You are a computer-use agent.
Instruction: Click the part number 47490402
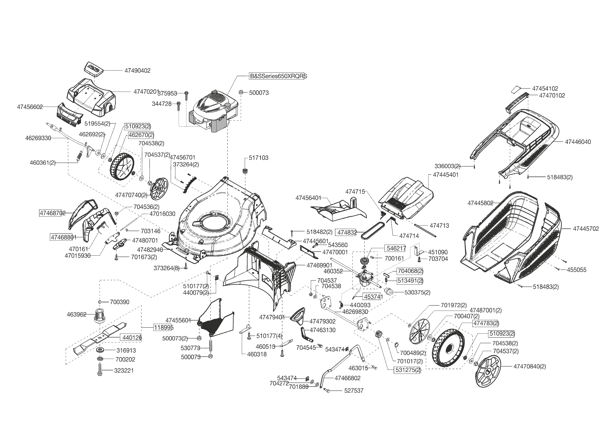coord(137,71)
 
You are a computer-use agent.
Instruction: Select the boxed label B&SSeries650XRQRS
coord(278,76)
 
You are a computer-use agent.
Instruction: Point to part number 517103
coord(258,158)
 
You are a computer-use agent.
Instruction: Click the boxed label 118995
coord(163,327)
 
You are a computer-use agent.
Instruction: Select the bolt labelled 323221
coord(100,370)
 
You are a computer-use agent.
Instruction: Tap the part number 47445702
coord(586,229)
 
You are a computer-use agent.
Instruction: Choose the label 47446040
coord(578,142)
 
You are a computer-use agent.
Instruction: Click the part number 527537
coord(354,391)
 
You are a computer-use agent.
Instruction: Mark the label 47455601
coord(178,320)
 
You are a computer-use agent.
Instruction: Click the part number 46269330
coord(38,138)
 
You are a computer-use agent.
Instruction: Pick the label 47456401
coord(308,198)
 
